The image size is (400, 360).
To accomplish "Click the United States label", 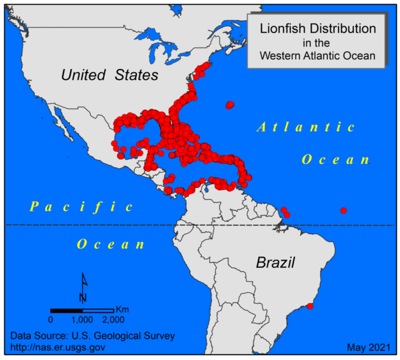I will [x=109, y=75].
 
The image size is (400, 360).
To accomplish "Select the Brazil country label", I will [x=276, y=262].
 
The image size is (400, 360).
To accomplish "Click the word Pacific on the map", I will [x=81, y=207].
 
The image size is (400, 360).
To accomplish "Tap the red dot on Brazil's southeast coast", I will [x=310, y=306].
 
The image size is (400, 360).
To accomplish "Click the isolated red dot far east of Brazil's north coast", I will [x=343, y=210].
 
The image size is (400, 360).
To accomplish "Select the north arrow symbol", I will [x=83, y=287].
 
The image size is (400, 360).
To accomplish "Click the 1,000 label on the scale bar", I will [x=82, y=319].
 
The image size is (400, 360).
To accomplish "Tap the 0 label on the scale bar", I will [x=51, y=319].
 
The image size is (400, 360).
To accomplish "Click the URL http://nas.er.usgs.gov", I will [x=58, y=346].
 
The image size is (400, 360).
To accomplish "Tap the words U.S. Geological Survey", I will [x=124, y=336].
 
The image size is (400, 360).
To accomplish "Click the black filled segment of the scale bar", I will [x=66, y=311].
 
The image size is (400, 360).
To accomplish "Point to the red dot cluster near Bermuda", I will [x=230, y=105].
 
